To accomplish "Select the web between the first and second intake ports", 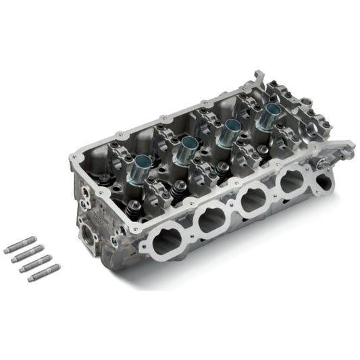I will tap(190, 232).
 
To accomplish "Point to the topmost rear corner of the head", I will tap(259, 72).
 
